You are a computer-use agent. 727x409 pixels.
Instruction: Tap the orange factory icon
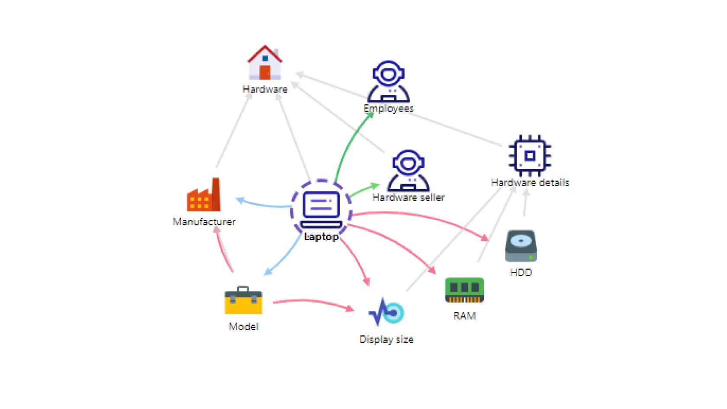(204, 195)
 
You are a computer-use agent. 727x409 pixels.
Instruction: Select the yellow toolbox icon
(243, 300)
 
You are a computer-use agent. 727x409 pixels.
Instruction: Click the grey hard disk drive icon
(521, 246)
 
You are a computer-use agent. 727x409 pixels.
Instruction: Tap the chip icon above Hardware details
(530, 156)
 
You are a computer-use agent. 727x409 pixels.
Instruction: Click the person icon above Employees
(389, 81)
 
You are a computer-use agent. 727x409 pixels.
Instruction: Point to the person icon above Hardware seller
(408, 171)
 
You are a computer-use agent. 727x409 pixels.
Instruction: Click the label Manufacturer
(204, 222)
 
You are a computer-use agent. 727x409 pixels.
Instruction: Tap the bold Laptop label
(321, 237)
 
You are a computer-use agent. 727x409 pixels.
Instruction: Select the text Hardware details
(530, 183)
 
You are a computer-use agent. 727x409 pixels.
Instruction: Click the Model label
(244, 326)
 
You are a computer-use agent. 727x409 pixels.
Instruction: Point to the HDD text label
(521, 272)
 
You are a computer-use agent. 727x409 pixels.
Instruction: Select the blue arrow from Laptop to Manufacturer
(264, 205)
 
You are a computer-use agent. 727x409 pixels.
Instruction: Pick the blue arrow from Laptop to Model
(286, 255)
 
